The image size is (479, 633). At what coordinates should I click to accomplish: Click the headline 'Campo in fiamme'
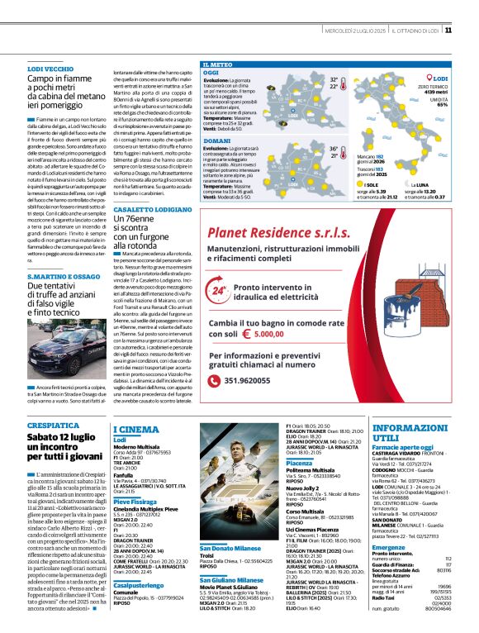coord(65,79)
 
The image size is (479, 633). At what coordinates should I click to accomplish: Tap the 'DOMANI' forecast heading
coord(217,141)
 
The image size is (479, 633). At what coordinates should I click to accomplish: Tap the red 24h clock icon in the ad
coord(219,269)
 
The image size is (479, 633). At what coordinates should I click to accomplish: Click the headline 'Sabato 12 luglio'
coord(64,436)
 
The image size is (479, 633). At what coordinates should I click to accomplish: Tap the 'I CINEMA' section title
coord(135,430)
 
